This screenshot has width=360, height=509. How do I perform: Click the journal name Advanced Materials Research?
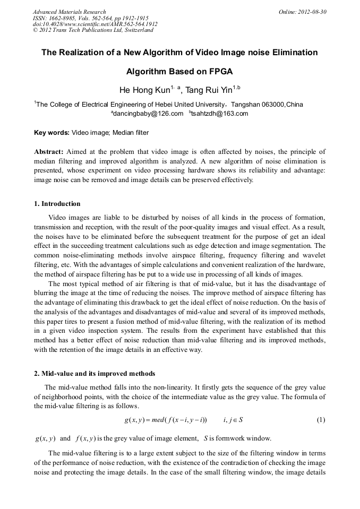click(69, 12)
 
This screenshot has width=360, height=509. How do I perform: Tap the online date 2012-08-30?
click(310, 12)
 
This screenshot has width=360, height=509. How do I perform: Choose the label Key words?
click(52, 132)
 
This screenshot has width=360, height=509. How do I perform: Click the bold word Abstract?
click(49, 151)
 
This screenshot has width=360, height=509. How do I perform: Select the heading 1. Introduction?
click(57, 204)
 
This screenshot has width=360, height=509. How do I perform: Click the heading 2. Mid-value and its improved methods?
click(95, 373)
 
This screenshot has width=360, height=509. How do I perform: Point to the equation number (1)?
click(321, 420)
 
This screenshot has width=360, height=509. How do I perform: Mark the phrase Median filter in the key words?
click(132, 132)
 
